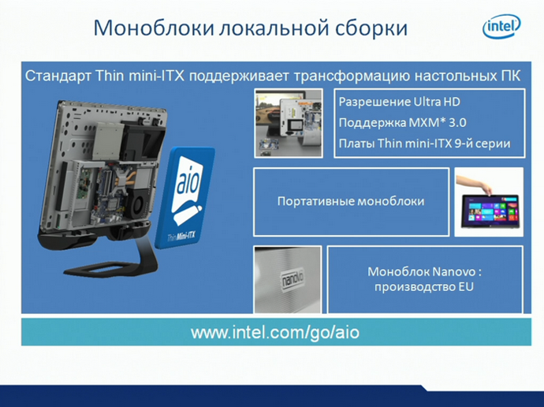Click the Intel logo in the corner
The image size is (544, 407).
click(x=501, y=28)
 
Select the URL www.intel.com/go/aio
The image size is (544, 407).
click(x=274, y=332)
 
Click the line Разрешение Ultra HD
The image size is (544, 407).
click(x=399, y=103)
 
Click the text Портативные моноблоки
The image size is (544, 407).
click(x=351, y=201)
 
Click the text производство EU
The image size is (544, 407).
click(x=424, y=287)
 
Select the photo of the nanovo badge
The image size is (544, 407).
click(x=288, y=279)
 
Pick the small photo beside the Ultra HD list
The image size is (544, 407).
click(x=288, y=122)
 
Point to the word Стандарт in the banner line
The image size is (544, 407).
click(x=54, y=77)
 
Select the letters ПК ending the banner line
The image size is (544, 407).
click(x=509, y=77)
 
